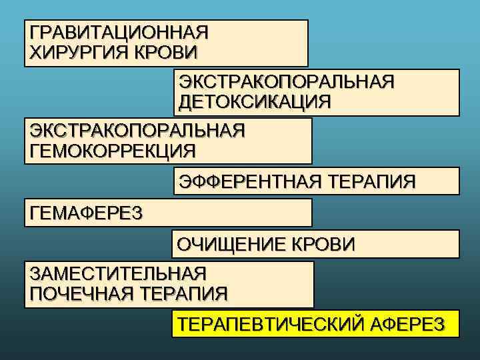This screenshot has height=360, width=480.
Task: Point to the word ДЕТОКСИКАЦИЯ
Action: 254,102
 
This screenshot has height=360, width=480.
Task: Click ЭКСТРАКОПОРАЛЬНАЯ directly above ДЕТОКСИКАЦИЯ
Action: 286,82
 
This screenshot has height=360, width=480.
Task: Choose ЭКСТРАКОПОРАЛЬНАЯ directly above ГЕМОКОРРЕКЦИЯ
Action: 137,130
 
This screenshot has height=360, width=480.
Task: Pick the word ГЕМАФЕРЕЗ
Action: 87,212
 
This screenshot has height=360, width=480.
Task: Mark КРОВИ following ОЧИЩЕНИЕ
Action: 324,244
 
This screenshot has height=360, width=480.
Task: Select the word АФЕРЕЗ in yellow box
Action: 407,324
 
